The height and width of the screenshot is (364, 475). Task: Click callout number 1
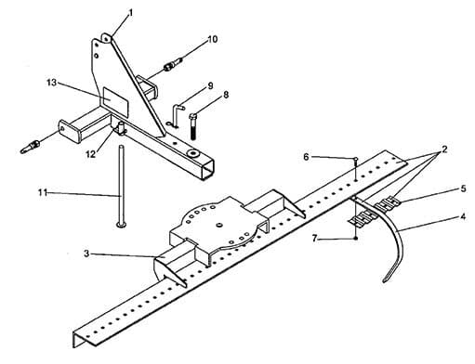point(131,13)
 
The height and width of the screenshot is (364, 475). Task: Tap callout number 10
point(213,39)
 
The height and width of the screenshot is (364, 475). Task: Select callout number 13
point(52,83)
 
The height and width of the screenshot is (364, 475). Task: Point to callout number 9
point(210,85)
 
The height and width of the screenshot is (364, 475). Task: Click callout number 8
point(226,95)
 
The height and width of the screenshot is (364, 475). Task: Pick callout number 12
point(90,154)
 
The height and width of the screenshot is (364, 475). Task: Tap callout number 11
point(43,192)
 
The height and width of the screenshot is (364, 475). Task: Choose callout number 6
point(306,157)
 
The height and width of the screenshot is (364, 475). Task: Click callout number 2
point(444,149)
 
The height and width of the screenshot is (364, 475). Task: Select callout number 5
point(463,188)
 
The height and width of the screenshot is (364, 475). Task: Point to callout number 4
point(463,217)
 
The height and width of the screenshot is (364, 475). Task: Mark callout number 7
point(315,239)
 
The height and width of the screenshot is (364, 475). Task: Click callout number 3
point(86,253)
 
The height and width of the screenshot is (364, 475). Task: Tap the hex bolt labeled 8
point(192,126)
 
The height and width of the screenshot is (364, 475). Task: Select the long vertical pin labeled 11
point(121,186)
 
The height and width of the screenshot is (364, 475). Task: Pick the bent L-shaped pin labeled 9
point(175,116)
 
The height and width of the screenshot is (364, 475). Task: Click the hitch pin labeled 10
point(173,64)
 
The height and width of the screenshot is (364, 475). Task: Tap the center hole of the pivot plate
point(219,224)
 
